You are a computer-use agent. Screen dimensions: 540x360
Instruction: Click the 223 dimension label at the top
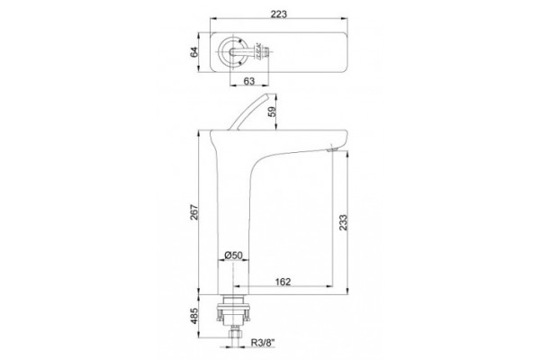click(x=278, y=14)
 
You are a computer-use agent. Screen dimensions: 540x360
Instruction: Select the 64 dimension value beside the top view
click(x=194, y=52)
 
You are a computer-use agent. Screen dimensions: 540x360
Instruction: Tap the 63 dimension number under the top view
click(x=249, y=81)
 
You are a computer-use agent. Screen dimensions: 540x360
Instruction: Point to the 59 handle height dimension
click(x=272, y=112)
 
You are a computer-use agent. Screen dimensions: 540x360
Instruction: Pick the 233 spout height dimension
click(x=344, y=222)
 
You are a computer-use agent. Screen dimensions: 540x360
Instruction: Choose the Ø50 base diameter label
click(x=233, y=256)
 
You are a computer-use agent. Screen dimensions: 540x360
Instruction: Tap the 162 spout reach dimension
click(x=283, y=282)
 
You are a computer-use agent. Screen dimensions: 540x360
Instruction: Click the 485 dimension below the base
click(x=194, y=316)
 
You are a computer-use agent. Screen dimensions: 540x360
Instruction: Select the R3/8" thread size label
click(x=264, y=342)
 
